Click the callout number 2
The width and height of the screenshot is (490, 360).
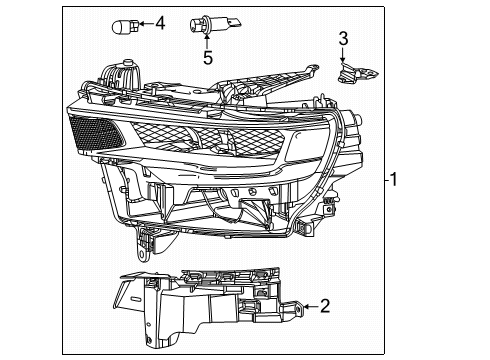324,307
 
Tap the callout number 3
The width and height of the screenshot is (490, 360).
342,39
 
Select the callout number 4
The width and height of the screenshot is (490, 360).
160,21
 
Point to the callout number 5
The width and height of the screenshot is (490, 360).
207,58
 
